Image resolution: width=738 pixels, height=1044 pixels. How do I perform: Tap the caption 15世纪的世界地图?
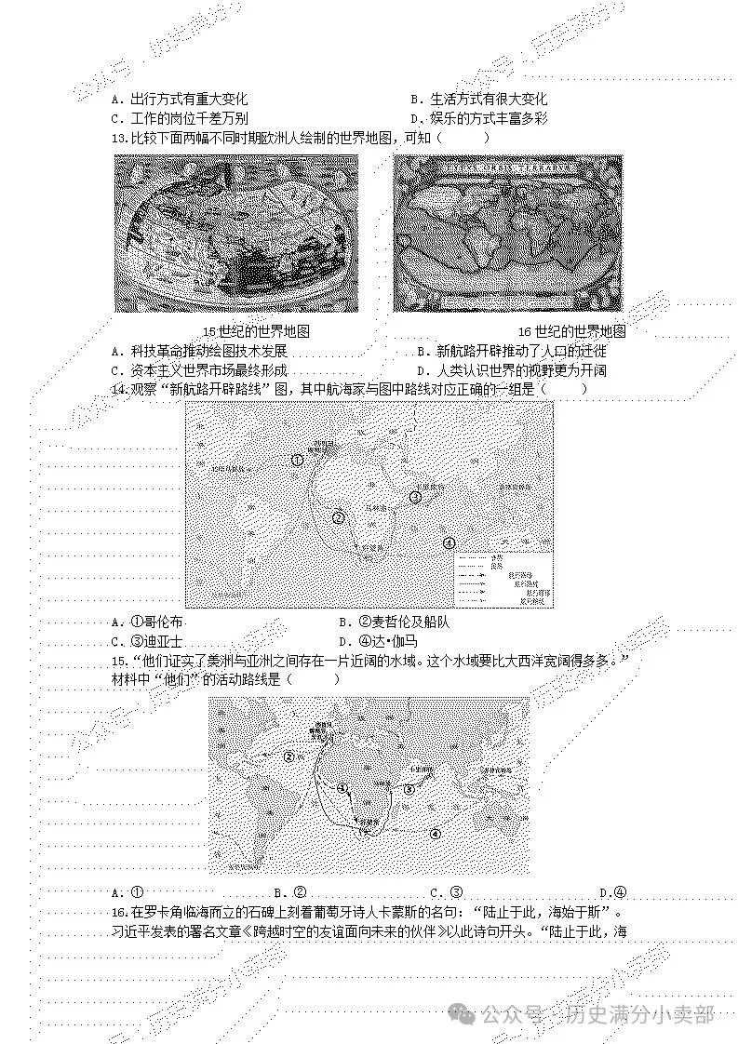256,332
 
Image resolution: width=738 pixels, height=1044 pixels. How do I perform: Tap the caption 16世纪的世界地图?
571,332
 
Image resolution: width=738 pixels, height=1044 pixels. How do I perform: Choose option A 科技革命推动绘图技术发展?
199,352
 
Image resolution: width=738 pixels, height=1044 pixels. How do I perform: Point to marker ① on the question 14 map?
297,460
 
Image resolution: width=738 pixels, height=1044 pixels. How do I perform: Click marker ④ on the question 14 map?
449,543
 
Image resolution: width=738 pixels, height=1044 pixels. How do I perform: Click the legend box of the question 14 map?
503,579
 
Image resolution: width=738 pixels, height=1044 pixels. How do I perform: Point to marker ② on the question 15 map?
288,757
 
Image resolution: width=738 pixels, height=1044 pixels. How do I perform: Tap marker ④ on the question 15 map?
435,834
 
